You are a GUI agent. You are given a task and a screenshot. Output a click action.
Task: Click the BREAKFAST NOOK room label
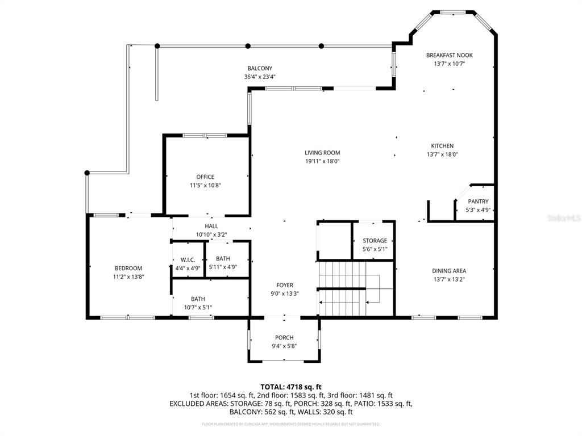click(450, 55)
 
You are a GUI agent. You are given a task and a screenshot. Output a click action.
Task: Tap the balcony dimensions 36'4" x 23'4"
click(260, 77)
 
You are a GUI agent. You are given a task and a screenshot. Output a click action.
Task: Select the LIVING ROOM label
click(322, 153)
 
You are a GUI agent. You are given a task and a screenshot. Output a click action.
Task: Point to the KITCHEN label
click(442, 146)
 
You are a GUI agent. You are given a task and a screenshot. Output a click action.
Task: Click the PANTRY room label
click(478, 202)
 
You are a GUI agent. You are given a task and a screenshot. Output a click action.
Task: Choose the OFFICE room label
click(205, 177)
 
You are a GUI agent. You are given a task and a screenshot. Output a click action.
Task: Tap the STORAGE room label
click(375, 241)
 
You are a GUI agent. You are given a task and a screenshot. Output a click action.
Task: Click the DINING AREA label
click(449, 271)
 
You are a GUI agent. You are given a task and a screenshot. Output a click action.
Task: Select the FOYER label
click(285, 285)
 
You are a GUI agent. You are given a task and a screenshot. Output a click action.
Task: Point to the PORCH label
click(284, 337)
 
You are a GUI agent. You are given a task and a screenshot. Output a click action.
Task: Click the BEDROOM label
click(128, 268)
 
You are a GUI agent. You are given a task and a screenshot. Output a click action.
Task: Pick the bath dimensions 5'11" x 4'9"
click(222, 267)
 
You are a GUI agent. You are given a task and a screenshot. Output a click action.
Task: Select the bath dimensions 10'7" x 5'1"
click(198, 307)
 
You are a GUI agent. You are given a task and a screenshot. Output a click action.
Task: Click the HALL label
click(211, 226)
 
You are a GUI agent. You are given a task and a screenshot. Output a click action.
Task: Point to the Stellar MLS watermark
click(566, 217)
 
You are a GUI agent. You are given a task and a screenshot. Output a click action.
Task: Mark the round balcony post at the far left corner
click(87, 173)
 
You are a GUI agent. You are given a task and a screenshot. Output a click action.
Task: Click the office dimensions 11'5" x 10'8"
click(205, 185)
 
